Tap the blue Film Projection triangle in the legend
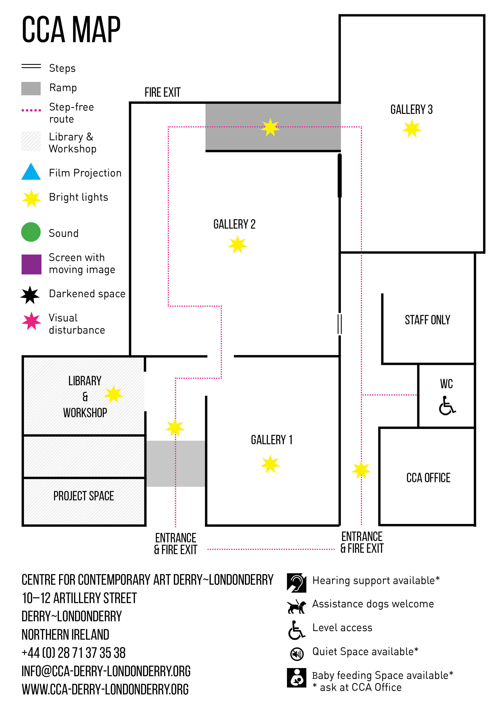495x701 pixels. point(31,172)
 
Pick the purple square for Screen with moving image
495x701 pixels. point(31,264)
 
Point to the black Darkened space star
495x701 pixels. point(30,295)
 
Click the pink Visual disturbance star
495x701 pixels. point(31,321)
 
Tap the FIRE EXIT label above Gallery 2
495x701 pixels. point(162,92)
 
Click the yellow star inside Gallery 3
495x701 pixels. point(412,128)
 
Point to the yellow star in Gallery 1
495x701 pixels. point(270,464)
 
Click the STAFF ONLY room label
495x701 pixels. point(427,320)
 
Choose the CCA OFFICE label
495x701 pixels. point(428,478)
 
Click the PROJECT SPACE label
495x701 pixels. point(84,496)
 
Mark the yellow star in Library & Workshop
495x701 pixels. point(113,394)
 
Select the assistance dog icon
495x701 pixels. point(296,606)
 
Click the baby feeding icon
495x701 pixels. point(296,677)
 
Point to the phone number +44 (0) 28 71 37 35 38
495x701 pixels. point(73,653)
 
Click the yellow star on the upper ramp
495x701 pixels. point(270,127)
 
